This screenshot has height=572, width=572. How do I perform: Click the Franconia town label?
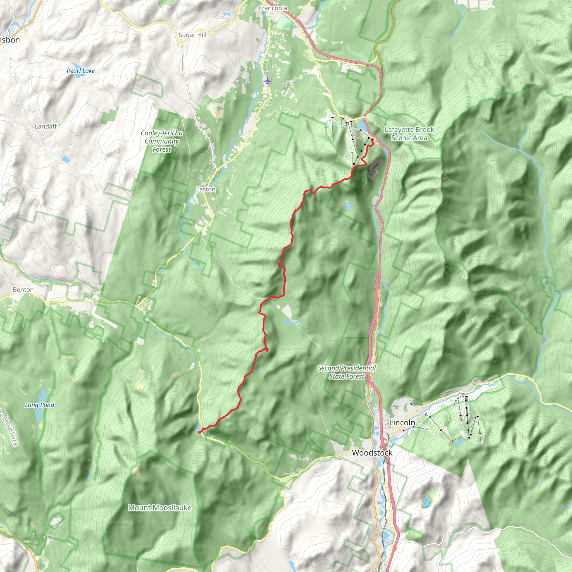point(273,8)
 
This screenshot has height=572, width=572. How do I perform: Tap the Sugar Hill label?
point(192,35)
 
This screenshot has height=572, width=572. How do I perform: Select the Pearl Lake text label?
point(80,71)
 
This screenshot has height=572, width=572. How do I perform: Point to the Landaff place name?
point(46,127)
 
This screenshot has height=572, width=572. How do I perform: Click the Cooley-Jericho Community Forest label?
point(162,141)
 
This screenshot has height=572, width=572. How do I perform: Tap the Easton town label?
point(206,189)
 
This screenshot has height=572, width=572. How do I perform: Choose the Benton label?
point(23,290)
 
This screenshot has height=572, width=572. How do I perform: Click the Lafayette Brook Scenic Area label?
point(409,134)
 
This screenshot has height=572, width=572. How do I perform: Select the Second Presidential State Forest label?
point(346,372)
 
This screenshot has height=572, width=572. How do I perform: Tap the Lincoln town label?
point(402,423)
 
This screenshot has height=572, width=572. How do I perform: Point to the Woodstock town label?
point(372,453)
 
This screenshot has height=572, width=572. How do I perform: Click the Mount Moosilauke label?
point(160,508)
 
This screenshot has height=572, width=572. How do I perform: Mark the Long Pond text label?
point(39,405)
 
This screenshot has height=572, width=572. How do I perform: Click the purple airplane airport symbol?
point(268,80)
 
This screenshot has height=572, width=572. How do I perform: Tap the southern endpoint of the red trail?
point(199,432)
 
